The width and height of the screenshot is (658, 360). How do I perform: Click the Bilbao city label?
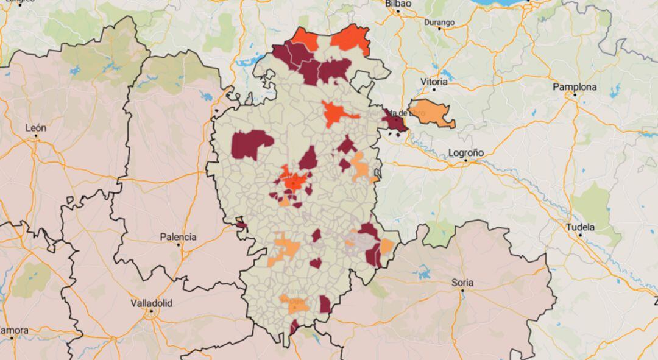pyautogui.click(x=398, y=4)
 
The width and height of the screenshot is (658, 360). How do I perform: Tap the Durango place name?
pyautogui.click(x=439, y=23)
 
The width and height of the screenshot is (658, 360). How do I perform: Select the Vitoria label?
pyautogui.click(x=434, y=82)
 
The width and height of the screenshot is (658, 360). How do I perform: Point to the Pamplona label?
pyautogui.click(x=574, y=87)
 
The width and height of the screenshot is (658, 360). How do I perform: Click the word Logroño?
pyautogui.click(x=465, y=152)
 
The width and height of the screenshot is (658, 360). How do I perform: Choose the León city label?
pyautogui.click(x=36, y=128)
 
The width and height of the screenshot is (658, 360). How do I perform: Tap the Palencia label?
pyautogui.click(x=178, y=237)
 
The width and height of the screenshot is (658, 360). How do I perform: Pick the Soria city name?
pyautogui.click(x=462, y=283)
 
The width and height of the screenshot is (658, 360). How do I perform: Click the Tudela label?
pyautogui.click(x=580, y=227)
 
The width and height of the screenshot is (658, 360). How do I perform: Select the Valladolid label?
pyautogui.click(x=151, y=303)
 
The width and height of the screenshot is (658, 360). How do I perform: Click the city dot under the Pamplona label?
pyautogui.click(x=574, y=95)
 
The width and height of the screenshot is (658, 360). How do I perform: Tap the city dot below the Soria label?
pyautogui.click(x=462, y=291)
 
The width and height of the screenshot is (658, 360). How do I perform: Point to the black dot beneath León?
pyautogui.click(x=36, y=136)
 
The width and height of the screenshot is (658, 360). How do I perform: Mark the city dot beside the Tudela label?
pyautogui.click(x=580, y=235)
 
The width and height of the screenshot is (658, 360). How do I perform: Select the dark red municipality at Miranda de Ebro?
pyautogui.click(x=394, y=122)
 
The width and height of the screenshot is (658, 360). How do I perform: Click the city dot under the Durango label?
pyautogui.click(x=439, y=30)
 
